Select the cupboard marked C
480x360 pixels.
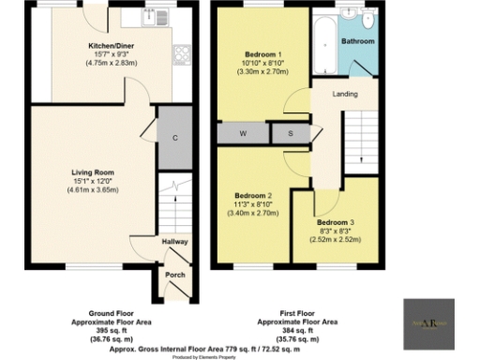coord(174,138)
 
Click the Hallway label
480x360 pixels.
coord(175,242)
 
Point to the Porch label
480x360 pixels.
coord(174,275)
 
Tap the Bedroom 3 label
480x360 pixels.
coord(334,221)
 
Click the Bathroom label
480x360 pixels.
coord(358,42)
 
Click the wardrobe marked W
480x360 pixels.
coord(243,134)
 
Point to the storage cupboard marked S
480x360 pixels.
coord(290,134)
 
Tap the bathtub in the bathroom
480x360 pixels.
coord(322,44)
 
